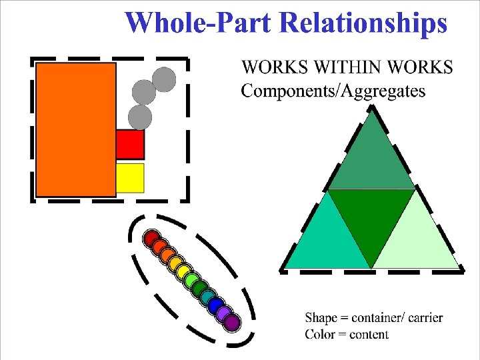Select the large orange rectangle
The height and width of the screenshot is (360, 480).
pos(75,129)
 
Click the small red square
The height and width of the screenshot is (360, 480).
pos(130,144)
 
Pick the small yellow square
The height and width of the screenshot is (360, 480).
pos(130,177)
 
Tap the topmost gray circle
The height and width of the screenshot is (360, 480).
pos(163,79)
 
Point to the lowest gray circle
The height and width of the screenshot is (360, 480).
pos(140,117)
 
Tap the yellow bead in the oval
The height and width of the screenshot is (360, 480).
pos(175,264)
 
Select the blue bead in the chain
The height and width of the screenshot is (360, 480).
pos(214,306)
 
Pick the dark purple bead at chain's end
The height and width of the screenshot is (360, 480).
pos(231,323)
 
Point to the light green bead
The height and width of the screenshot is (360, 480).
pos(191,281)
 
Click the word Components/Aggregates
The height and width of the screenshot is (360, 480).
pos(333,91)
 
